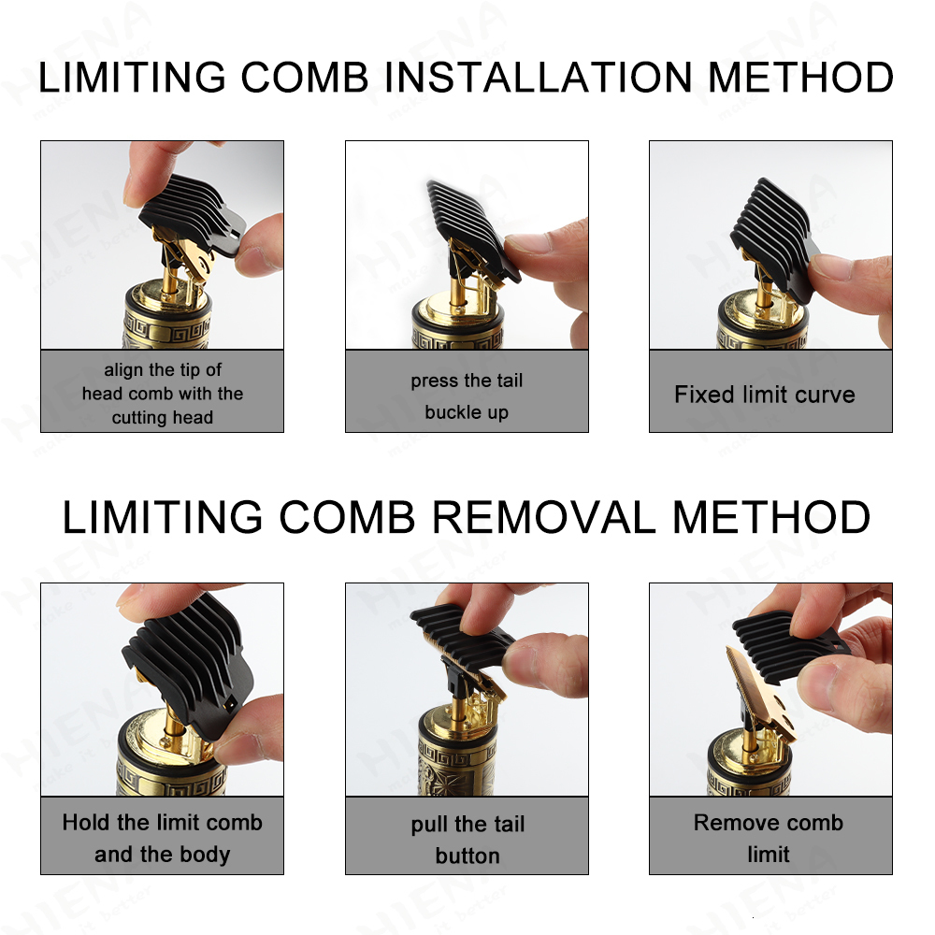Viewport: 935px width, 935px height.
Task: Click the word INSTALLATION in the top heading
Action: tap(540, 77)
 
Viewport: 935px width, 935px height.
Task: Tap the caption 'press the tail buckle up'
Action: tap(467, 396)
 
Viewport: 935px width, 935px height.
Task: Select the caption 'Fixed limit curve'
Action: tap(764, 395)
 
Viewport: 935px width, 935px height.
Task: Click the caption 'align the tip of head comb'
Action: tap(163, 394)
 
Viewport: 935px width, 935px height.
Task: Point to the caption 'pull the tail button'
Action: tap(467, 839)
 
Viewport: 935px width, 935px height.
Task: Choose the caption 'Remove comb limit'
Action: tap(768, 838)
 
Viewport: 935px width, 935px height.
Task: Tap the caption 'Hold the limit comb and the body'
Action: tap(162, 838)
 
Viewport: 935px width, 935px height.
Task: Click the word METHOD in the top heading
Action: tap(800, 77)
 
